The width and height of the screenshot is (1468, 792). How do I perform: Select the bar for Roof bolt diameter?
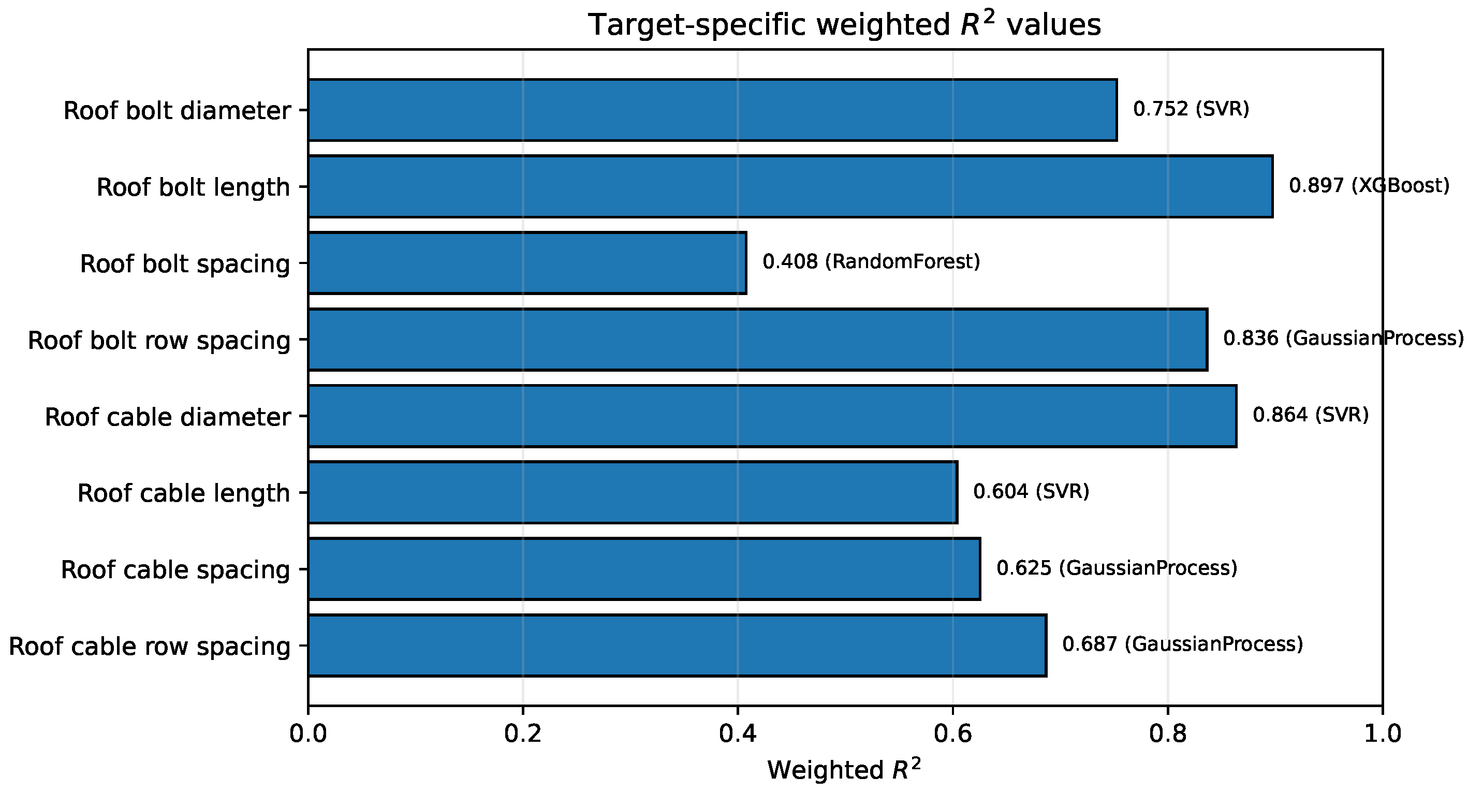712,110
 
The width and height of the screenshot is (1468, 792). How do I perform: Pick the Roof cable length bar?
633,492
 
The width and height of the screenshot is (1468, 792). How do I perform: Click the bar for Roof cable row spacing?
677,646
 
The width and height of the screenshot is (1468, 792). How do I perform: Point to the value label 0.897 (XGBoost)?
1369,185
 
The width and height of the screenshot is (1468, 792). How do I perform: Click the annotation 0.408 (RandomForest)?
871,261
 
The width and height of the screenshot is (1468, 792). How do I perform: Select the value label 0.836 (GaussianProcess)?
1343,339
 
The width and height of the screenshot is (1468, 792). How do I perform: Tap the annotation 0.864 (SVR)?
1311,415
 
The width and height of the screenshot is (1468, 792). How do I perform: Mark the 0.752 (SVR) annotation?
1191,109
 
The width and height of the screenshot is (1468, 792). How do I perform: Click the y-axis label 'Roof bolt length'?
193,187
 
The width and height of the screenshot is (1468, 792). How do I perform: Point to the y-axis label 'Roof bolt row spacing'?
159,340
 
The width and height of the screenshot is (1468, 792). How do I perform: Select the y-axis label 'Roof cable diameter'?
168,417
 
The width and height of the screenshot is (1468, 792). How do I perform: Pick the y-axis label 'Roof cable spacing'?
175,570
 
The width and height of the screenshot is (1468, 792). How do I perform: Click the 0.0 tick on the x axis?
309,734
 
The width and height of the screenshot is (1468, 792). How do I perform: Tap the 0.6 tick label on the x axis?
952,734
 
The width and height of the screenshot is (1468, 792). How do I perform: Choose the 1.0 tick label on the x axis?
1383,734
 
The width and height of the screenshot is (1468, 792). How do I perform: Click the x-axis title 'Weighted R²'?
845,769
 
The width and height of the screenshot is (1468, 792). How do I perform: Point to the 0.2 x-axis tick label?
523,734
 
